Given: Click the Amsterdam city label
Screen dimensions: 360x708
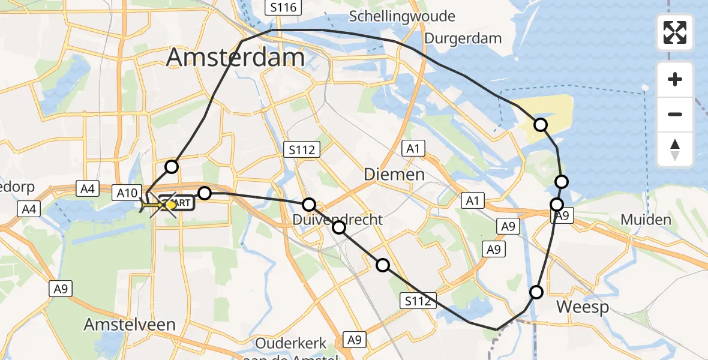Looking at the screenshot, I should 235,58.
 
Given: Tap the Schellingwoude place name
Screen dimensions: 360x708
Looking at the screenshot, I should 402,16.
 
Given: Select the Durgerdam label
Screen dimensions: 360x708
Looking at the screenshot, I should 463,38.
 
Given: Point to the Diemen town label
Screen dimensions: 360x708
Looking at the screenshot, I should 395,175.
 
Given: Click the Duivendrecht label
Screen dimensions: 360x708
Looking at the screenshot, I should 338,220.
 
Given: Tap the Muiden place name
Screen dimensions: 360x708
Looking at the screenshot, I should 646,220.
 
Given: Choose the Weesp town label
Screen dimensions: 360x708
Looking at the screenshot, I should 583,307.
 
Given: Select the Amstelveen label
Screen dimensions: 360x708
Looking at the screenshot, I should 130,325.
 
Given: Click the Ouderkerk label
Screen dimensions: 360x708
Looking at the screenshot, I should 291,344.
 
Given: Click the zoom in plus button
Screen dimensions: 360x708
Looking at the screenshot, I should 675,79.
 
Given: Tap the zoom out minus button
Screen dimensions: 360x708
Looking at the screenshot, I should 675,114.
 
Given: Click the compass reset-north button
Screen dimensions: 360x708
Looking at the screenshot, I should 675,149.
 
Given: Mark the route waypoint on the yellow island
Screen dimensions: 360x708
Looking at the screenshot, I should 541,125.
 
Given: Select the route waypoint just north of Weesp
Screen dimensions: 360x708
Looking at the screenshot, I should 536,292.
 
